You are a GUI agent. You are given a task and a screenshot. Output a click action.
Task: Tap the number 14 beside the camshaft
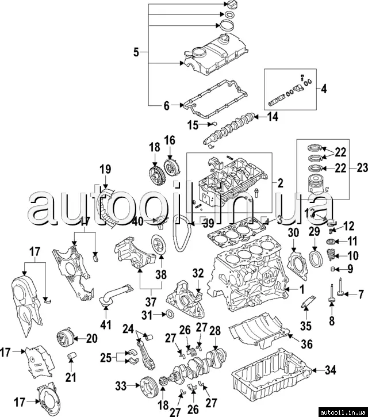[x=273, y=116]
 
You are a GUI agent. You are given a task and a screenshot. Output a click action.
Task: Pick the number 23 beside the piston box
[x=361, y=169]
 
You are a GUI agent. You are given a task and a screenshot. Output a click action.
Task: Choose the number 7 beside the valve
[x=361, y=294]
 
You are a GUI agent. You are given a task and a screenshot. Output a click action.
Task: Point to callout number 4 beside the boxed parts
[x=323, y=89]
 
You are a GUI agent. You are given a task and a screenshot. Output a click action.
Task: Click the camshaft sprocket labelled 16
[x=170, y=167]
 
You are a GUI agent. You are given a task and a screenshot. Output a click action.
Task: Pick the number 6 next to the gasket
[x=167, y=106]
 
